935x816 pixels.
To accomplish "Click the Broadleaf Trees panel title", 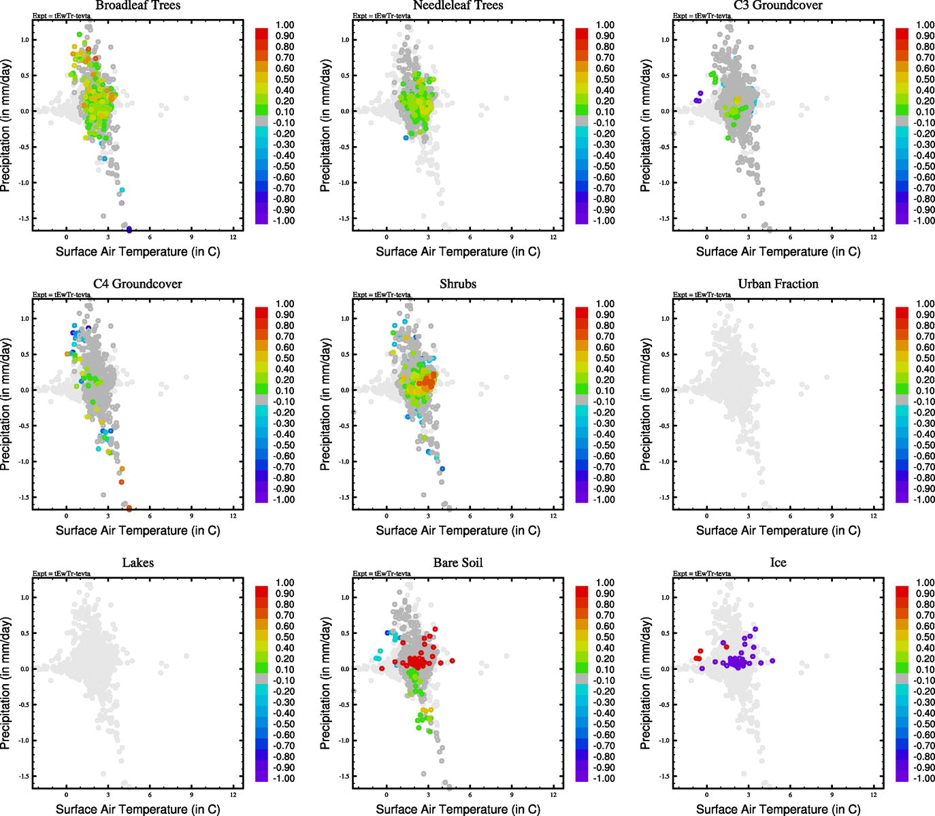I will pyautogui.click(x=138, y=5).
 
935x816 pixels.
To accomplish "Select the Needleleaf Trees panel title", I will pyautogui.click(x=458, y=5).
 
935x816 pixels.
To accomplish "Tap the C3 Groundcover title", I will pyautogui.click(x=778, y=5).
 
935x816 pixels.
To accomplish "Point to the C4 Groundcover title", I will pyautogui.click(x=138, y=284).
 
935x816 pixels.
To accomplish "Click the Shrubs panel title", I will pyautogui.click(x=458, y=284).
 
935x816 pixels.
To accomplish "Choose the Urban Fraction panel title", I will pyautogui.click(x=778, y=284).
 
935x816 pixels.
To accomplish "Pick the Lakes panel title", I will pyautogui.click(x=138, y=563).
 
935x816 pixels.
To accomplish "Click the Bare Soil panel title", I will pyautogui.click(x=458, y=563).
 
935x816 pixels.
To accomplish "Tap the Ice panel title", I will pyautogui.click(x=778, y=563).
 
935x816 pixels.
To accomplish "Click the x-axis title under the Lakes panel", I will pyautogui.click(x=138, y=809).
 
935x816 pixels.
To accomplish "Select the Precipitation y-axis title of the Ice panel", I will pyautogui.click(x=646, y=683).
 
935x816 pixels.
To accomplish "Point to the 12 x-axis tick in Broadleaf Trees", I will pyautogui.click(x=233, y=237).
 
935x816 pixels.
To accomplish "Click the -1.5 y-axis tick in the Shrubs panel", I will pyautogui.click(x=345, y=497).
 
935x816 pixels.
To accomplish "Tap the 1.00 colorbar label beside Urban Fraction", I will pyautogui.click(x=925, y=304).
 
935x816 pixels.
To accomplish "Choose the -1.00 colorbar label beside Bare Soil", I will pyautogui.click(x=604, y=779).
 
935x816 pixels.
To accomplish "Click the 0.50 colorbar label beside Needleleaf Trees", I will pyautogui.click(x=605, y=80).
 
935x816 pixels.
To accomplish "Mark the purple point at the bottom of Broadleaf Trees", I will pyautogui.click(x=129, y=230).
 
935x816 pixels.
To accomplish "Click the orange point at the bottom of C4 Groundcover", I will pyautogui.click(x=129, y=508).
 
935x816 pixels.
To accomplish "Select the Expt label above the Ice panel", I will pyautogui.click(x=702, y=573).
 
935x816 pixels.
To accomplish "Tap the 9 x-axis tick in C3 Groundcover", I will pyautogui.click(x=832, y=237).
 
